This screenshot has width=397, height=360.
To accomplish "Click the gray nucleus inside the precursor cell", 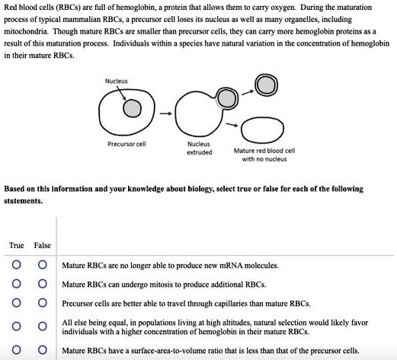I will coord(133,110).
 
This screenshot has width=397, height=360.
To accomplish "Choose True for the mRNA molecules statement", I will coord(15,266).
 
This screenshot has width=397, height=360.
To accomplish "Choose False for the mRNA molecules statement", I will coord(43,266).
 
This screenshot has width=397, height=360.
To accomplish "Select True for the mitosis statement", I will coord(15,284).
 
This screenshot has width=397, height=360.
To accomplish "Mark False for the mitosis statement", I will coord(43,284).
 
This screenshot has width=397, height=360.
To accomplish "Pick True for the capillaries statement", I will coord(15,302).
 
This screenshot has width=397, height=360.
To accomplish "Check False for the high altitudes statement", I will coord(43,326).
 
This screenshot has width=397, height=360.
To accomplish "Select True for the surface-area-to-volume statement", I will coord(15,350).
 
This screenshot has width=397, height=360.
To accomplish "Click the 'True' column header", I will coord(16,245).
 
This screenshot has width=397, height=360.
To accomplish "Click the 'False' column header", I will coord(43,245).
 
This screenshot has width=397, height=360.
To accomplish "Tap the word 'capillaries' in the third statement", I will coord(229,302).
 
